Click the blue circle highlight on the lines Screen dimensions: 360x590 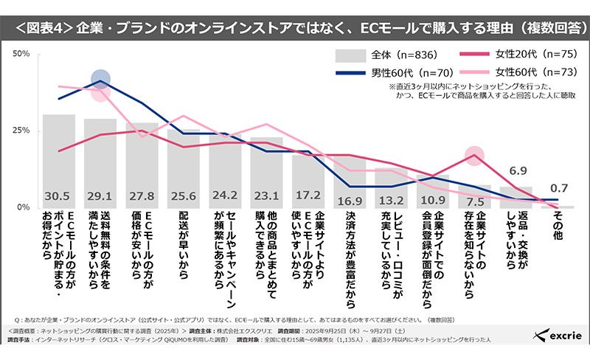pyautogui.click(x=102, y=80)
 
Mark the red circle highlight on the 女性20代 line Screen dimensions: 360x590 pyautogui.click(x=476, y=155)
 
